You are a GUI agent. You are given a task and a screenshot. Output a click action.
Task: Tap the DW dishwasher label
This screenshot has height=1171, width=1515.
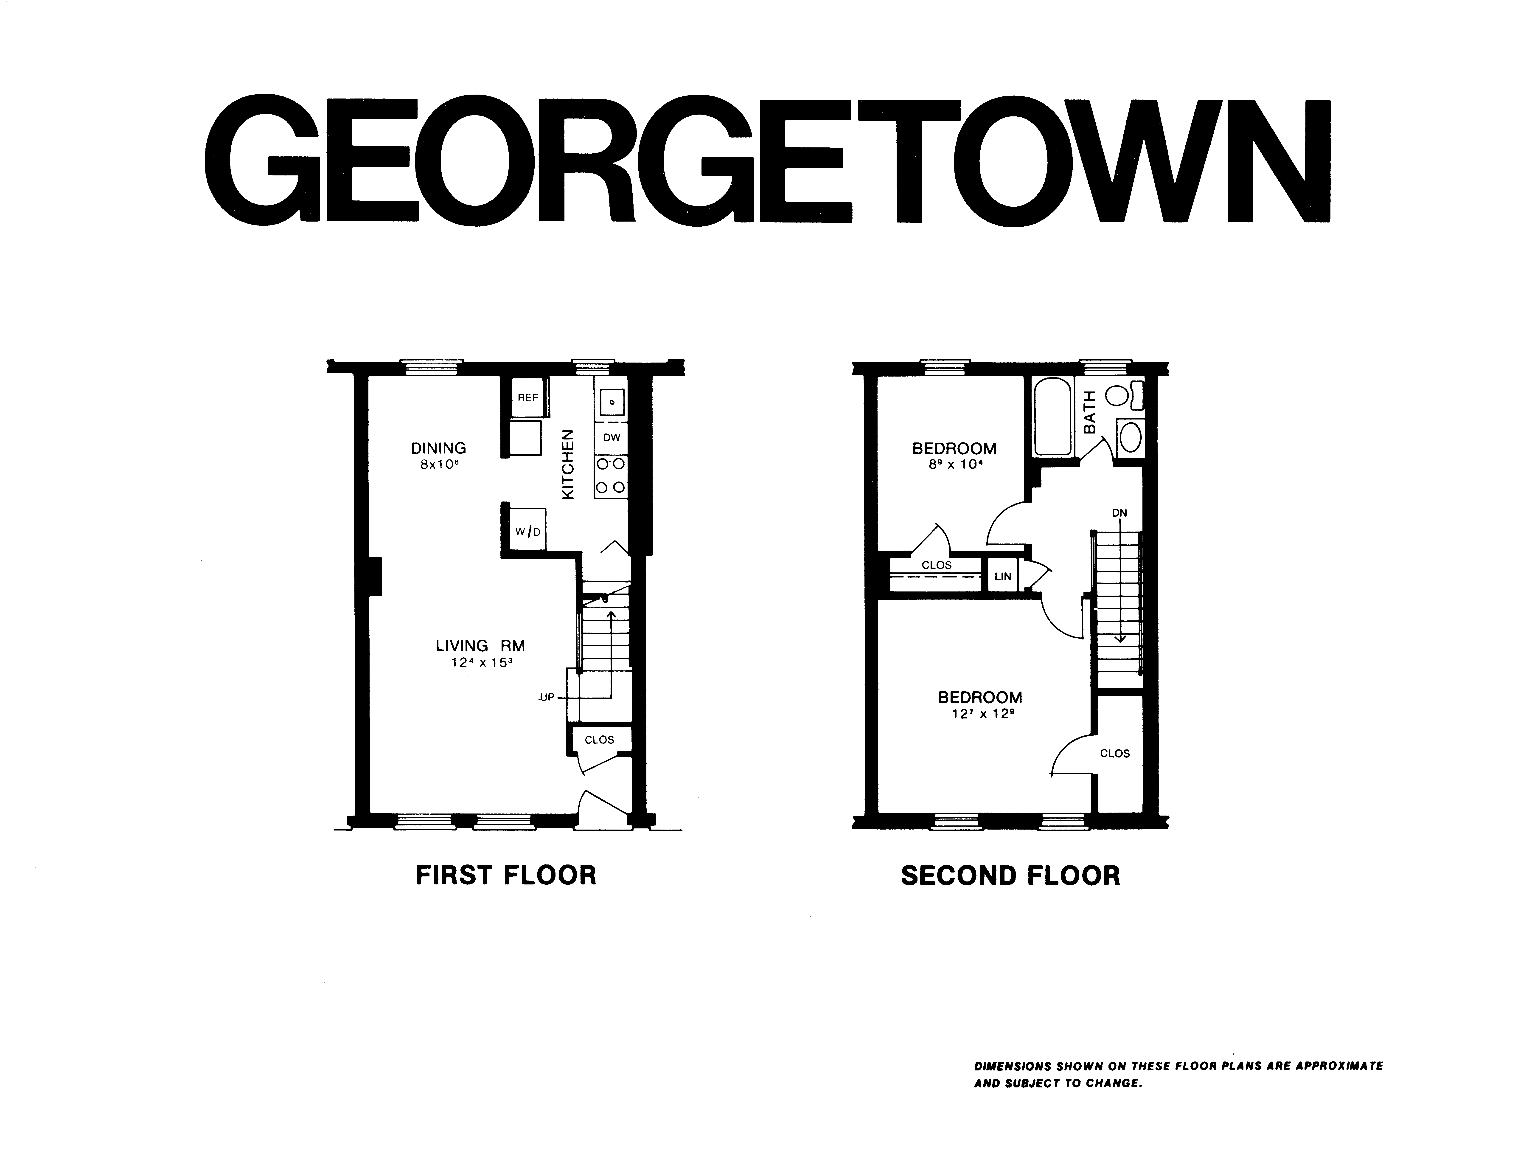coord(611,438)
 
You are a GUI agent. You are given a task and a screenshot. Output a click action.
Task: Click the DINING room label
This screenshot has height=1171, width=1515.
coord(438,448)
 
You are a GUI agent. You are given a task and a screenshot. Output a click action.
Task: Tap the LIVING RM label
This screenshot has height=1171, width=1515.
coord(480,646)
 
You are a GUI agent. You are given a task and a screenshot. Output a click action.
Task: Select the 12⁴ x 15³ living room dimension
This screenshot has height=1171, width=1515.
coord(481,662)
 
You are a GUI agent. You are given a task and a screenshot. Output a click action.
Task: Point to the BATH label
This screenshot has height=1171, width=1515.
coord(1090,412)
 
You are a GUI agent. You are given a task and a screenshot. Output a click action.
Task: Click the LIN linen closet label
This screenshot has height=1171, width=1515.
coord(1003,577)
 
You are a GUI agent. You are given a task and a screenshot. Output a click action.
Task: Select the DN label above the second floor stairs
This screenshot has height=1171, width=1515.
coord(1119,513)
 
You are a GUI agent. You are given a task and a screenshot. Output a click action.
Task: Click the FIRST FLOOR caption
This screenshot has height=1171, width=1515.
coord(506,875)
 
